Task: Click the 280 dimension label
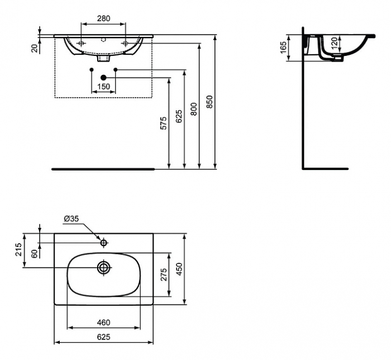coord(103,18)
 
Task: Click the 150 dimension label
coord(103,86)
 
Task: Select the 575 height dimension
coord(164,123)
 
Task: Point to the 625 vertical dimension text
coord(179,115)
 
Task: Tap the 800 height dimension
coord(194,108)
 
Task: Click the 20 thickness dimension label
coord(35,48)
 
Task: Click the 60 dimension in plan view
coord(34,253)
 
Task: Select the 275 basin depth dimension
coord(163,274)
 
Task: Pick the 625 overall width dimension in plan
coord(103,337)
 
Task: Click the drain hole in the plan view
coord(103,267)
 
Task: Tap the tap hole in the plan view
coord(103,243)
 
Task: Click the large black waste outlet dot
coord(103,77)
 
